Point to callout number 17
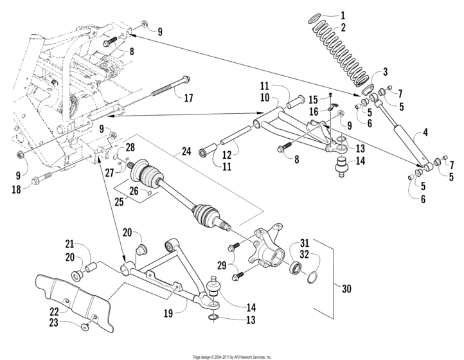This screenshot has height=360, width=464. (188, 98)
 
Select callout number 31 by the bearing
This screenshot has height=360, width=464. (305, 242)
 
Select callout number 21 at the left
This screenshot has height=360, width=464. (70, 244)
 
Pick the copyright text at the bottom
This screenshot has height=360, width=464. (232, 356)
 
